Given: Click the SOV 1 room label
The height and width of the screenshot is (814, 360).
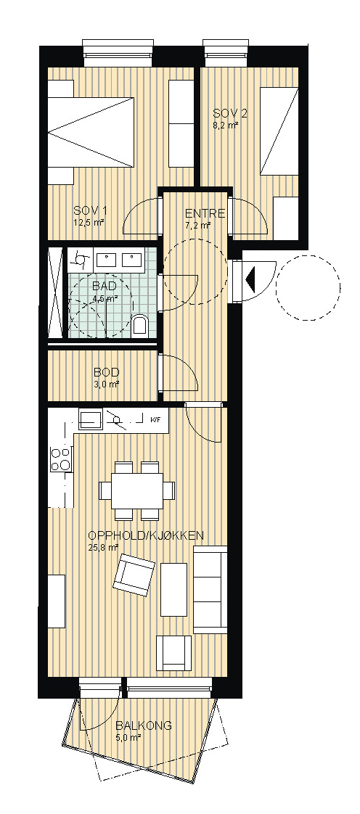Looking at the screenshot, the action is point(90,211).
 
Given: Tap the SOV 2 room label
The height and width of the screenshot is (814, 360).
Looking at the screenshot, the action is point(229,113).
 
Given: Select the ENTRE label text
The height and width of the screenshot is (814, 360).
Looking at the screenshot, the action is point(205,213).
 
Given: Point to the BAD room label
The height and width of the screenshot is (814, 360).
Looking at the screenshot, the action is point(104,286).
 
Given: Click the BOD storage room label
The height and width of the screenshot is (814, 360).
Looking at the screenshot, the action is point(107,372).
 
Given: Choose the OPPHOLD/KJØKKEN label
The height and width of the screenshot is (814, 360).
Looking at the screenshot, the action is point(145,535).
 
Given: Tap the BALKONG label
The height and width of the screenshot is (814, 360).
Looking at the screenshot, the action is point(144,725).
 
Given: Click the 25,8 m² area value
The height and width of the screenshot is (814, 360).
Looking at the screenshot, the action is point(103,547).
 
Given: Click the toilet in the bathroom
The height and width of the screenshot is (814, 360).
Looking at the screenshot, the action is point(140,324).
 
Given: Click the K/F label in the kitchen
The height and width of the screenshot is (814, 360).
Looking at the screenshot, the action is point(155,419).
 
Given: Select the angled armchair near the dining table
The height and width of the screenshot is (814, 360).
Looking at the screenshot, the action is point(134,575).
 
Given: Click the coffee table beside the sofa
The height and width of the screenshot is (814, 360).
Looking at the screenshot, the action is point(173,589).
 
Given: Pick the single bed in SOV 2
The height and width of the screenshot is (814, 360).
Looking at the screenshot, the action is point(279,132).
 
